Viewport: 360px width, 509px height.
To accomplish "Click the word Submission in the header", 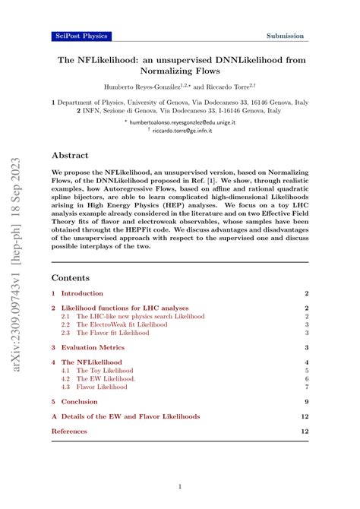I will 285,36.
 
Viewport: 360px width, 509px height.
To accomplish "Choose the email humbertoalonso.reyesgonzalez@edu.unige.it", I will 180,120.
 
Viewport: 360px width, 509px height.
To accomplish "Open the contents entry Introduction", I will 82,293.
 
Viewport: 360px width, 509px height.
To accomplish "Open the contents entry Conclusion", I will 80,402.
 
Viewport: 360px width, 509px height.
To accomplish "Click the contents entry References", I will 69,432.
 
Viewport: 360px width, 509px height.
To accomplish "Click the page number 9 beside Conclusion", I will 305,402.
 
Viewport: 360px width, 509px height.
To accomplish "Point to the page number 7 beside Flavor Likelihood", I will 305,387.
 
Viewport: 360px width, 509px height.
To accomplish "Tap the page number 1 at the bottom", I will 179,486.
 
